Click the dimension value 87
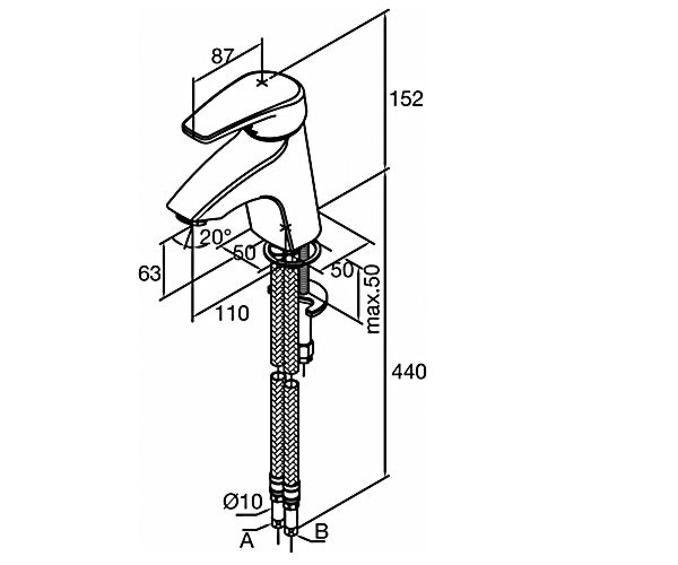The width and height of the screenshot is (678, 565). (x=223, y=56)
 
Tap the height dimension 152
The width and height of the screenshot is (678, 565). (x=406, y=99)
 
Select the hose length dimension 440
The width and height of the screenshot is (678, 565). (x=409, y=372)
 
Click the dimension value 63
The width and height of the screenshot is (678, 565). (x=149, y=273)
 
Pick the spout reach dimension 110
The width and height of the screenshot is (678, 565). (x=232, y=314)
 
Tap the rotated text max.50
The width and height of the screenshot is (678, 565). (x=373, y=299)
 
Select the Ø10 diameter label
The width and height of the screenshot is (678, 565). (x=242, y=502)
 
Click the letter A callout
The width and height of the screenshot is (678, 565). (x=247, y=541)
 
